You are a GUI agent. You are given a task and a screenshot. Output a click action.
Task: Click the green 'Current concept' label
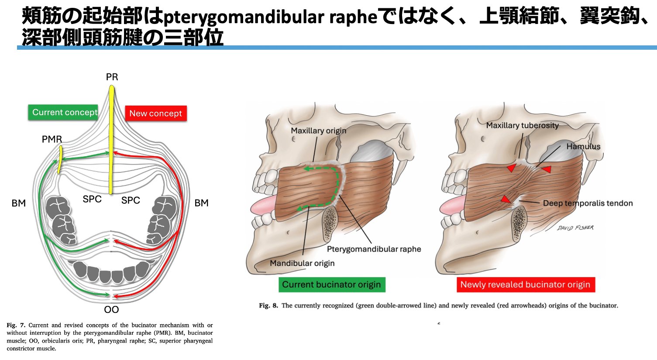tap(65, 113)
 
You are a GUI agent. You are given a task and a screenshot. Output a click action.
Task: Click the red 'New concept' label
tap(155, 113)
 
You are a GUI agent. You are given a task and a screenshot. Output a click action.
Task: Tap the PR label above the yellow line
tap(112, 77)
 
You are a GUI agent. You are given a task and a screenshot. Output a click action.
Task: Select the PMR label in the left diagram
tap(52, 140)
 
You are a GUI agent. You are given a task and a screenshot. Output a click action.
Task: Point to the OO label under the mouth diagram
tap(111, 310)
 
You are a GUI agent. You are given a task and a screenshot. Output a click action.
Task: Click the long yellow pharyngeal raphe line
tap(111, 140)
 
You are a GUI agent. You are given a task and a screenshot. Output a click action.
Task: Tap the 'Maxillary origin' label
tap(318, 130)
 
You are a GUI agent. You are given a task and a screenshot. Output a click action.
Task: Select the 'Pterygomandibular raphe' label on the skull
tap(374, 249)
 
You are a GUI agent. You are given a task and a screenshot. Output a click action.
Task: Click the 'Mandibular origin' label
tap(302, 263)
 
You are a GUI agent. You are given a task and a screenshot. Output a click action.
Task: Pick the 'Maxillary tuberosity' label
tap(522, 126)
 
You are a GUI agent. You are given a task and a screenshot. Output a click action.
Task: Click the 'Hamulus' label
tap(583, 147)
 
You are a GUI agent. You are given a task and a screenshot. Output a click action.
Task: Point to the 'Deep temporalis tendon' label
tap(588, 203)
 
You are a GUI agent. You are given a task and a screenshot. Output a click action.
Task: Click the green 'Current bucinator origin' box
tap(331, 285)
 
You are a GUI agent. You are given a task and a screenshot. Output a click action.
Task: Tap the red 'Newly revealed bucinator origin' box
tap(525, 285)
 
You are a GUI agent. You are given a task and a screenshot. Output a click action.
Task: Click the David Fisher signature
tap(575, 228)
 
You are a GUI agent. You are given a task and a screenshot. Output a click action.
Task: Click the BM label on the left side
tap(19, 203)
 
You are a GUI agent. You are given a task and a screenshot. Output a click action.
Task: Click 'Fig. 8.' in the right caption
tap(268, 305)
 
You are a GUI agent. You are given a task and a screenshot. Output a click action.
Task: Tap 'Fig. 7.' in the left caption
tap(16, 325)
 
